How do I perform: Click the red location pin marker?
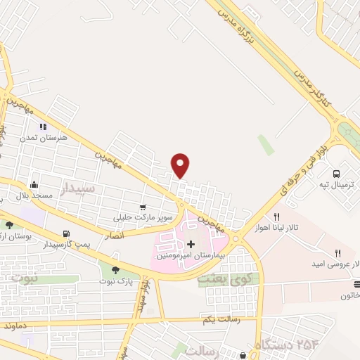181,165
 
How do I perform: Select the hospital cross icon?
191,244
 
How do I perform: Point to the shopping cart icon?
143,207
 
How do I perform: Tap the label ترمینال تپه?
335,184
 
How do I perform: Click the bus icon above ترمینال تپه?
336,173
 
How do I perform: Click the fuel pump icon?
65,233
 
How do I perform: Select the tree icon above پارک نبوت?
115,269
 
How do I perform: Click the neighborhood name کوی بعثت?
218,278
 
